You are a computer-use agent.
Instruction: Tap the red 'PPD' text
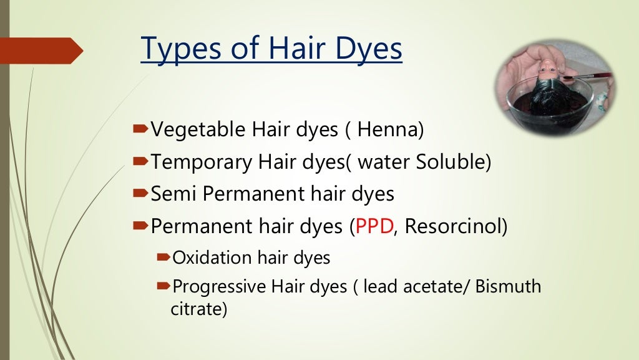coord(373,226)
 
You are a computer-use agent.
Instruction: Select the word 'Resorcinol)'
coord(456,226)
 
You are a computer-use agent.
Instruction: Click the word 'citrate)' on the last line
coord(198,309)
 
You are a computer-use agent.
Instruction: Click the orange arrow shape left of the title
coord(41,51)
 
